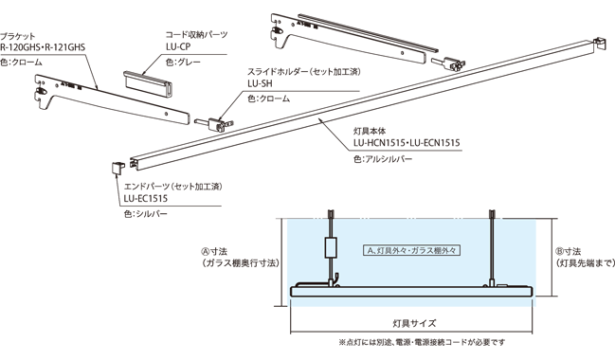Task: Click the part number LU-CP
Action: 177,45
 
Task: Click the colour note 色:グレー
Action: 183,62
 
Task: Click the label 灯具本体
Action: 371,132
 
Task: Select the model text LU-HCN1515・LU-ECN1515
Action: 406,143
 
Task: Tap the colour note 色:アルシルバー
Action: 384,160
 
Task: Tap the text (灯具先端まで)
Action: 581,265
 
